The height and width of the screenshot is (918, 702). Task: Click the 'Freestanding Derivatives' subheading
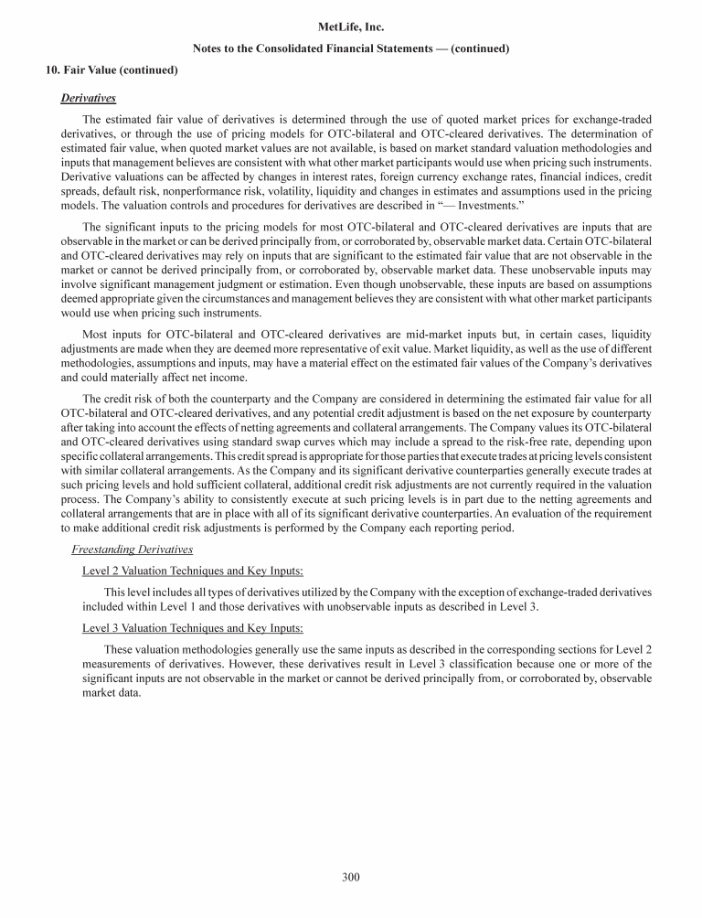click(x=129, y=548)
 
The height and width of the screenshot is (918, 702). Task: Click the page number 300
click(x=351, y=878)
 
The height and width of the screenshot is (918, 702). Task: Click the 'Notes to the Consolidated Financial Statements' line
click(x=351, y=48)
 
